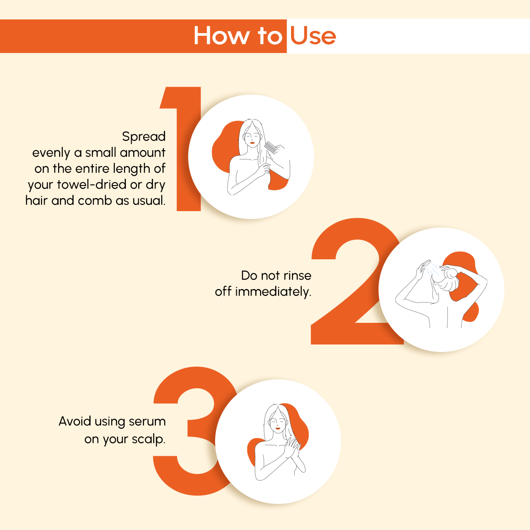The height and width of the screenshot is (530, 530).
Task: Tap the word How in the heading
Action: click(221, 36)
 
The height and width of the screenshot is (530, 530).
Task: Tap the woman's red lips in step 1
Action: click(251, 143)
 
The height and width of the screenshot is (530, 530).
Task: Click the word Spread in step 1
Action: click(144, 137)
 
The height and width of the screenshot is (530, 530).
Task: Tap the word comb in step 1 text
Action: click(95, 201)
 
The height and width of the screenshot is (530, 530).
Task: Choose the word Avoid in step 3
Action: click(75, 421)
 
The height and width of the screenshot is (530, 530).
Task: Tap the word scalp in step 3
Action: click(148, 440)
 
